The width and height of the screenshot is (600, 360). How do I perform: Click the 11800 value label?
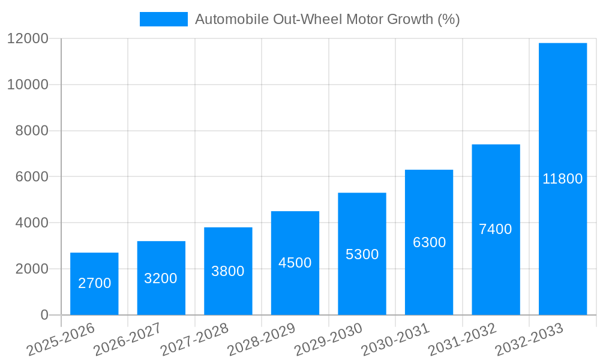click(x=563, y=179)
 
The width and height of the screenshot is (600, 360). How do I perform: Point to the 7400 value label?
click(x=496, y=229)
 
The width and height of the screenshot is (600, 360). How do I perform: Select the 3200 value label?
click(x=161, y=278)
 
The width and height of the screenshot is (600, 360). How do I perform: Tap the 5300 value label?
click(x=362, y=254)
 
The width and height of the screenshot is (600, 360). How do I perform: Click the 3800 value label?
click(x=228, y=271)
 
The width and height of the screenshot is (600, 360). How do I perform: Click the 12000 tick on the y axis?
click(x=28, y=38)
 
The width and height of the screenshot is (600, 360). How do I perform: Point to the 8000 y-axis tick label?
click(x=32, y=131)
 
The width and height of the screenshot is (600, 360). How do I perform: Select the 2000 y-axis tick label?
click(x=32, y=269)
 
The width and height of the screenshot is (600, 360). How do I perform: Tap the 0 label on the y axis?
click(x=44, y=315)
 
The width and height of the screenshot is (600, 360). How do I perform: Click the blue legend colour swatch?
click(x=164, y=19)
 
